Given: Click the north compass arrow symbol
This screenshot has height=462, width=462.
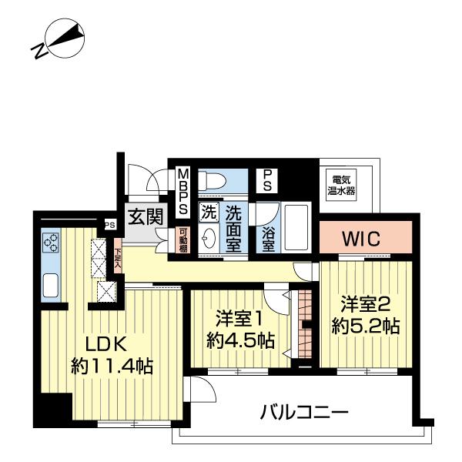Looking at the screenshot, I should pyautogui.click(x=66, y=39).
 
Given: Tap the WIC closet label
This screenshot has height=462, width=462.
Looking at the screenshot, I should pyautogui.click(x=360, y=239).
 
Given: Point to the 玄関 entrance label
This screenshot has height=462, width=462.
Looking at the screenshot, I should pyautogui.click(x=144, y=216).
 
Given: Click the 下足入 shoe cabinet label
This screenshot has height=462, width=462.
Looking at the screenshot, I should pyautogui.click(x=118, y=257).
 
